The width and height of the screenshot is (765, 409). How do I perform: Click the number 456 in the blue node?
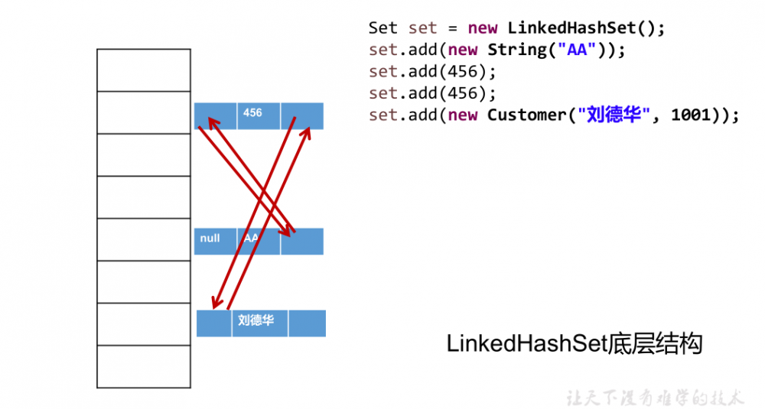tap(252, 112)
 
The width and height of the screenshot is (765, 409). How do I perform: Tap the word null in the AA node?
tap(210, 239)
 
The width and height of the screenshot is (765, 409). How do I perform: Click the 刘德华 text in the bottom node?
tap(256, 321)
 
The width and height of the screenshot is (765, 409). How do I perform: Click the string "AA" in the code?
tap(573, 50)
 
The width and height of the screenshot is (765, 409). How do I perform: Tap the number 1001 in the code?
tap(692, 115)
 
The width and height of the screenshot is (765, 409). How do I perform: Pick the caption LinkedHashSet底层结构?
tap(574, 344)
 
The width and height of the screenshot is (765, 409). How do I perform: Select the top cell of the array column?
tap(144, 70)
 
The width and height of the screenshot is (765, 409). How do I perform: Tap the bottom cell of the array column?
tap(144, 367)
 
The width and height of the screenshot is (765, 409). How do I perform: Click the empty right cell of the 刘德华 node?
tap(307, 323)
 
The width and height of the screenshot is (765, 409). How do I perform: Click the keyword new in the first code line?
tap(483, 28)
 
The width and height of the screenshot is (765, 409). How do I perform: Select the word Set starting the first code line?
tap(383, 28)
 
